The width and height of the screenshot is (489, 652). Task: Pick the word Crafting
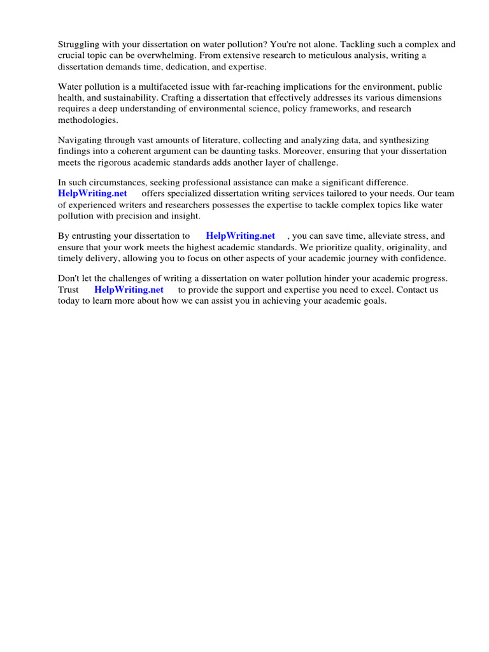coord(180,97)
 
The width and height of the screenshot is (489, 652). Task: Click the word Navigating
coord(80,140)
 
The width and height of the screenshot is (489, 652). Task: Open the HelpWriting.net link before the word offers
coord(92,193)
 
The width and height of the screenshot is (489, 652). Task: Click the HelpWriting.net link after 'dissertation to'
coord(240,236)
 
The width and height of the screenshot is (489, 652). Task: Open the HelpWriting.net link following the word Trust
coord(129,289)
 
